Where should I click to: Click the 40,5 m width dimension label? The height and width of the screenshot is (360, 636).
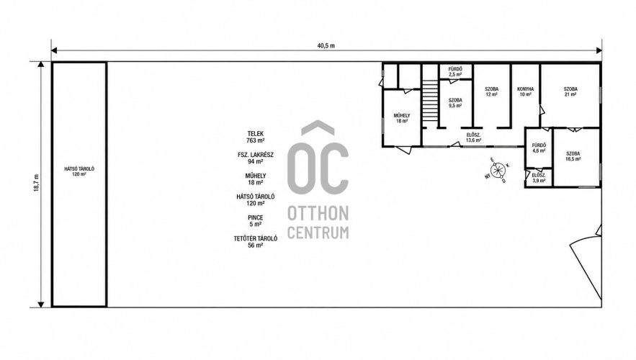326,45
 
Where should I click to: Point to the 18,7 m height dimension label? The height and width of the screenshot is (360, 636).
36,183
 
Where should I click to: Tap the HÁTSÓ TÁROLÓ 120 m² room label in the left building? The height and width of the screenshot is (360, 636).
79,171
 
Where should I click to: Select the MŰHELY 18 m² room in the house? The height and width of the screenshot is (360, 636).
402,118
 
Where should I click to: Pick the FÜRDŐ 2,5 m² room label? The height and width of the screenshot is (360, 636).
455,72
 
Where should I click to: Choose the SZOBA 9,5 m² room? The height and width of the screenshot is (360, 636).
455,103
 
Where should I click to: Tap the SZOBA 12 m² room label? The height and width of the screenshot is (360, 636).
492,91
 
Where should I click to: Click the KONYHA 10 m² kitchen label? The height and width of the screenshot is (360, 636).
525,91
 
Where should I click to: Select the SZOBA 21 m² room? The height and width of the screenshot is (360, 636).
570,91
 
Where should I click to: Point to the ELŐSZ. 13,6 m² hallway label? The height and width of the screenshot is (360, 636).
473,138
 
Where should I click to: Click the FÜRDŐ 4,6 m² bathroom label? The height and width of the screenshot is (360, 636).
539,148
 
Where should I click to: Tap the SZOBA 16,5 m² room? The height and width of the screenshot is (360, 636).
573,156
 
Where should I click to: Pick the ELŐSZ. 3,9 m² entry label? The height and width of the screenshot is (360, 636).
539,178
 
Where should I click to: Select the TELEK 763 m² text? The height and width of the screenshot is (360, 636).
256,137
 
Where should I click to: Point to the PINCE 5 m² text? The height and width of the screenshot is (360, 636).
256,221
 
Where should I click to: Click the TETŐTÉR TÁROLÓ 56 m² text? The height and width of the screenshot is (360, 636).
256,242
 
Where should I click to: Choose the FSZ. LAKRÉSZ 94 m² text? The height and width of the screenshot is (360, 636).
256,158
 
